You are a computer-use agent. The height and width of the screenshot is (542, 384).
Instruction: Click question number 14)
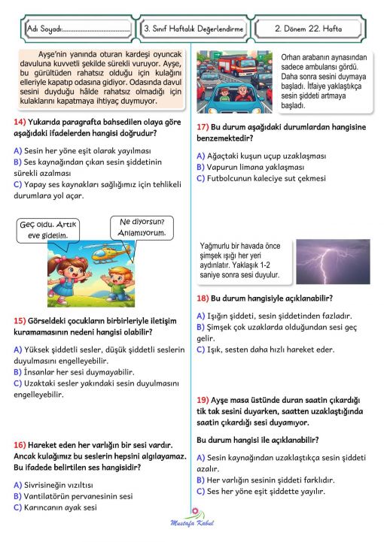click(20, 122)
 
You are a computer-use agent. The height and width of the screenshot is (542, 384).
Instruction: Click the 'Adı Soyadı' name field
click(76, 29)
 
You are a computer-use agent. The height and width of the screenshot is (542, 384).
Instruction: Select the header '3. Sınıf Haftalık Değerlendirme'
click(194, 29)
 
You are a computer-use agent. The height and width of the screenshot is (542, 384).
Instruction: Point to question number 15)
click(20, 321)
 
